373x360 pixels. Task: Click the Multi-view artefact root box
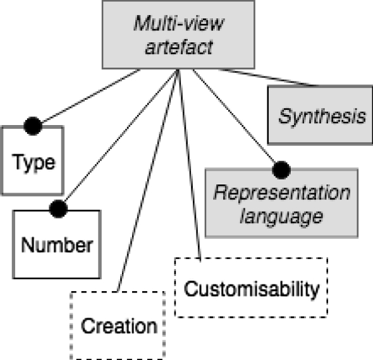[178, 35]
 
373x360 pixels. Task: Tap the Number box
[58, 245]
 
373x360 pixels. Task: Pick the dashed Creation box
[118, 326]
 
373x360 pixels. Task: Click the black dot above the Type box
[33, 126]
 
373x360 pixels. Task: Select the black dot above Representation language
[281, 169]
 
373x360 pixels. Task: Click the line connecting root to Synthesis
[266, 78]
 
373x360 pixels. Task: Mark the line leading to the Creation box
[147, 183]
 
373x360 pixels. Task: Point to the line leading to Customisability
[190, 164]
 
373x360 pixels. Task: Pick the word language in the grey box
[282, 217]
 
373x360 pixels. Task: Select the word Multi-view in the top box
[178, 24]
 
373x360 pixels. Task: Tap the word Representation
[281, 192]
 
